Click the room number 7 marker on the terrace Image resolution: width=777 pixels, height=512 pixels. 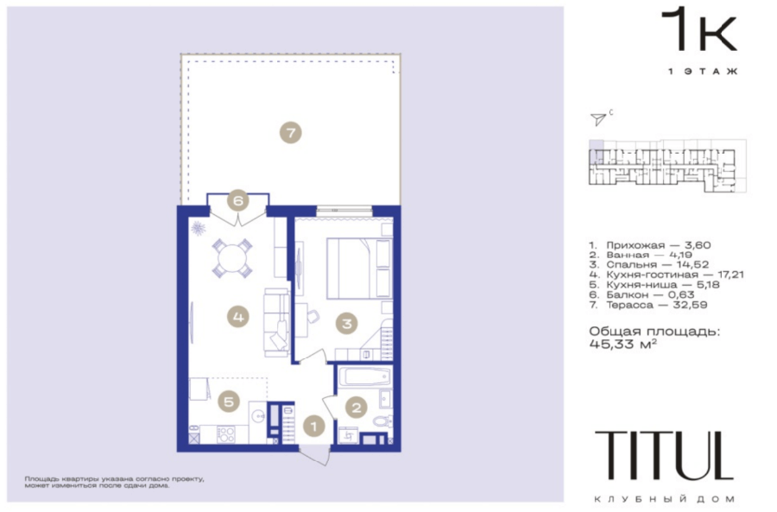(290, 132)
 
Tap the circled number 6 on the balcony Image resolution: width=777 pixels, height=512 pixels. (238, 200)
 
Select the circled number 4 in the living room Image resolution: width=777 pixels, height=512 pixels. (238, 316)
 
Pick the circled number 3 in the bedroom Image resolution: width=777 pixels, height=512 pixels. (346, 324)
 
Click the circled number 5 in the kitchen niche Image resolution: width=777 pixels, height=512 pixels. (229, 401)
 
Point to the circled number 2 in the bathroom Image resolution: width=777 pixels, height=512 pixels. (357, 408)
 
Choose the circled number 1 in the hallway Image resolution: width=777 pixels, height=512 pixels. (313, 426)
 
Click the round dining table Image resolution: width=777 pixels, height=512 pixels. (232, 258)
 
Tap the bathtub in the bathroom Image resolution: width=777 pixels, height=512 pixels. (366, 377)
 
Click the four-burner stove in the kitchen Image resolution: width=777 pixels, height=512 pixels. (225, 434)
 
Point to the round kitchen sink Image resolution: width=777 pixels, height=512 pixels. (257, 415)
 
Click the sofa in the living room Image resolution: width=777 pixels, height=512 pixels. (276, 322)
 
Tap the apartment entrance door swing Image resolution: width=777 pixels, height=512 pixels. (316, 456)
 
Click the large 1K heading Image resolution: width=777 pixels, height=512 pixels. (699, 29)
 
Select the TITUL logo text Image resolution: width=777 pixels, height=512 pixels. (664, 455)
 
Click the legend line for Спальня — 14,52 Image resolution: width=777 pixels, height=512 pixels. (649, 265)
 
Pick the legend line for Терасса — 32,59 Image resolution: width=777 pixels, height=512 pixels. (648, 305)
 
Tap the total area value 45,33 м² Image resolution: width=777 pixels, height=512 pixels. (623, 344)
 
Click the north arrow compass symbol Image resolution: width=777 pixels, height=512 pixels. (598, 118)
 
